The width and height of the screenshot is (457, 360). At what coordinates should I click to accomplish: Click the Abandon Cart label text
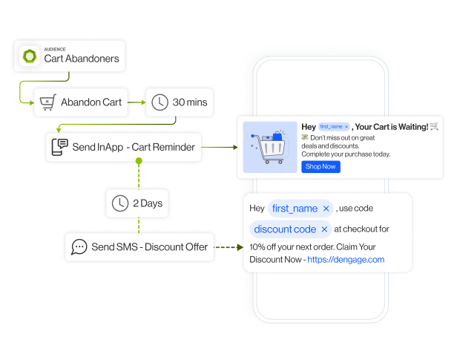91,102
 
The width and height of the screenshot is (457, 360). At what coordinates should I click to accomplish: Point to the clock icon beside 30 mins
160,102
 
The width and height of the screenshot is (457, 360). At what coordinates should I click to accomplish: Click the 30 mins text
190,102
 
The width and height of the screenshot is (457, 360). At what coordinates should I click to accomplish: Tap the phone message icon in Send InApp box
59,147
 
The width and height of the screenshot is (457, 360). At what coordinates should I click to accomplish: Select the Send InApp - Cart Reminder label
134,147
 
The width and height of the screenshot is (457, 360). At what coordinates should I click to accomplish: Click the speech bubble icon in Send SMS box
78,246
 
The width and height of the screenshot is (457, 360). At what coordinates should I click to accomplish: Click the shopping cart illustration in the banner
270,145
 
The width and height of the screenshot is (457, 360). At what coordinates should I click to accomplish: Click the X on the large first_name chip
325,209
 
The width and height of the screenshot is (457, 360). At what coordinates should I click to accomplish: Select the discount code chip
285,229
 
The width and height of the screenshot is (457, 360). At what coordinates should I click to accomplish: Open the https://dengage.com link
346,259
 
